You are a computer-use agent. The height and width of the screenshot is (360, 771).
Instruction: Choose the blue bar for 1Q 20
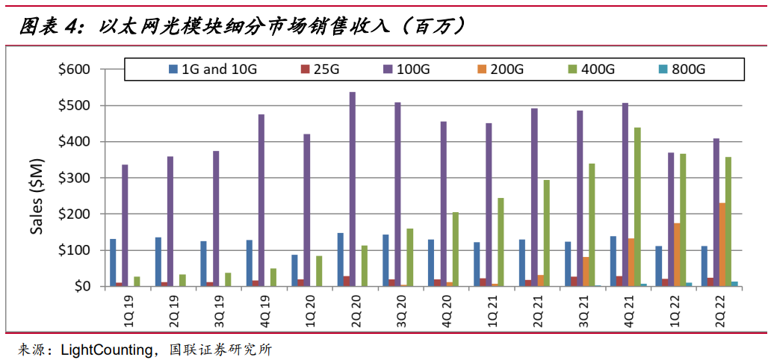click(294, 270)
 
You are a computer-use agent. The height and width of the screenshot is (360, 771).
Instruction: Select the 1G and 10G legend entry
click(213, 69)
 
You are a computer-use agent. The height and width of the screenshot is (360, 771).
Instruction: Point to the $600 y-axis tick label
click(74, 69)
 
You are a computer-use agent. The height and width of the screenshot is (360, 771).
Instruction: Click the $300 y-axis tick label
click(74, 178)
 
